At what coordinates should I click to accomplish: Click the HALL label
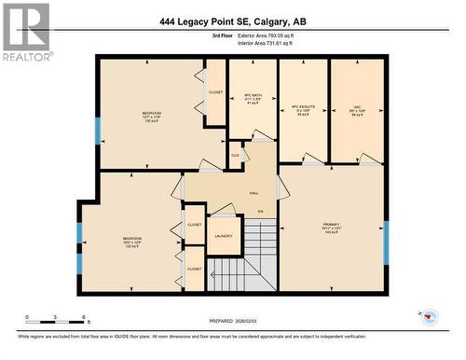[x=254, y=193]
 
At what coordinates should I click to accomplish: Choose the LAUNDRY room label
[x=224, y=235]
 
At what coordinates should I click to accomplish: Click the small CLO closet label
[x=235, y=154]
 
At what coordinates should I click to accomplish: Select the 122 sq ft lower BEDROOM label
[x=131, y=242]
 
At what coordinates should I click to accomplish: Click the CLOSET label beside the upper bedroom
[x=216, y=92]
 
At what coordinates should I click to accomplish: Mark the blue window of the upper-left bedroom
[x=97, y=130]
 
